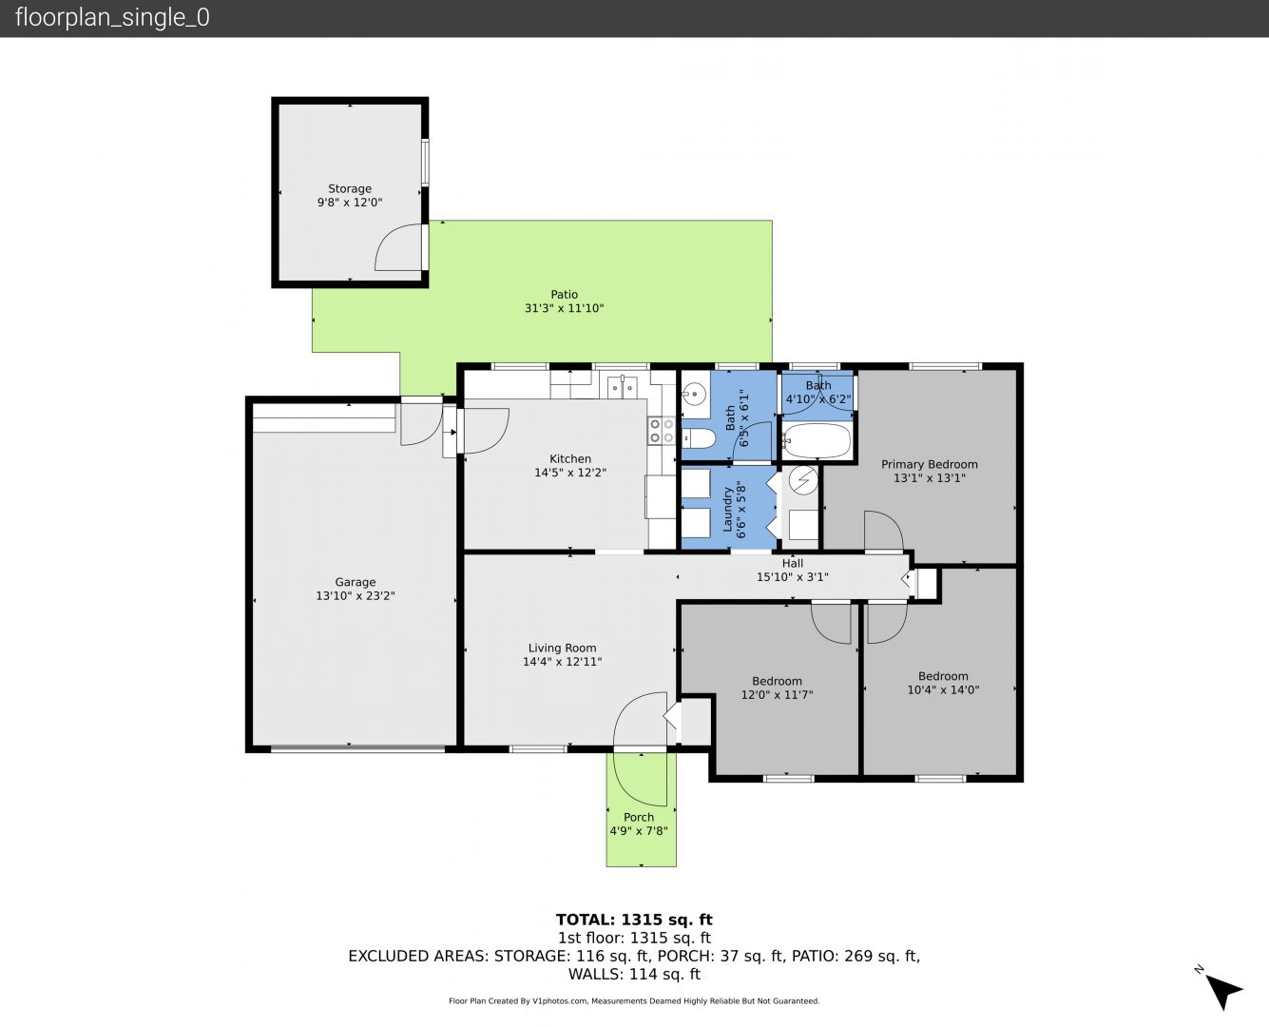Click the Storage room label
tap(350, 189)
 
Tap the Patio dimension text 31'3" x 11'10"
tap(565, 308)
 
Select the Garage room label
tap(356, 582)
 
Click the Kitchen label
tap(570, 459)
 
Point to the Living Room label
tap(562, 648)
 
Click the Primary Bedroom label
tap(930, 464)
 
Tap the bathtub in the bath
tap(817, 441)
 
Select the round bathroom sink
tap(694, 394)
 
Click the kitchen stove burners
tap(662, 431)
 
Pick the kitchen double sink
tap(623, 387)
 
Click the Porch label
tap(639, 817)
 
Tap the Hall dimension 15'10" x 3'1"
tap(793, 577)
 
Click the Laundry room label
tap(727, 509)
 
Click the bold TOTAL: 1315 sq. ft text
tap(635, 920)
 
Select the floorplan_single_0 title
tap(112, 18)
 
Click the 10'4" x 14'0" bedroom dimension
tap(943, 689)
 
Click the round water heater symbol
tap(803, 480)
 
